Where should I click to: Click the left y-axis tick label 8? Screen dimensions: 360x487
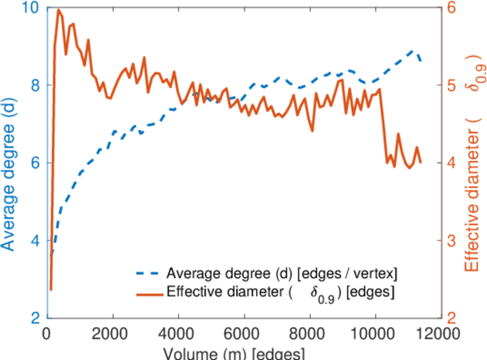tap(34, 85)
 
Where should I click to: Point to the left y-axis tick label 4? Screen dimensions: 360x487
tap(34, 241)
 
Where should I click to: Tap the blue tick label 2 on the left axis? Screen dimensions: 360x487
tap(34, 318)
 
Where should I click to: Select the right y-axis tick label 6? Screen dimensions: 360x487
tap(453, 8)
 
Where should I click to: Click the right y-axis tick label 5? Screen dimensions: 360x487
tap(453, 85)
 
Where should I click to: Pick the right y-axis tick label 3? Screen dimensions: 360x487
tap(453, 241)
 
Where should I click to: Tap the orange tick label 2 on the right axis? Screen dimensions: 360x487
tap(453, 318)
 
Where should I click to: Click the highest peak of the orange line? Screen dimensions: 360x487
tap(58, 10)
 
